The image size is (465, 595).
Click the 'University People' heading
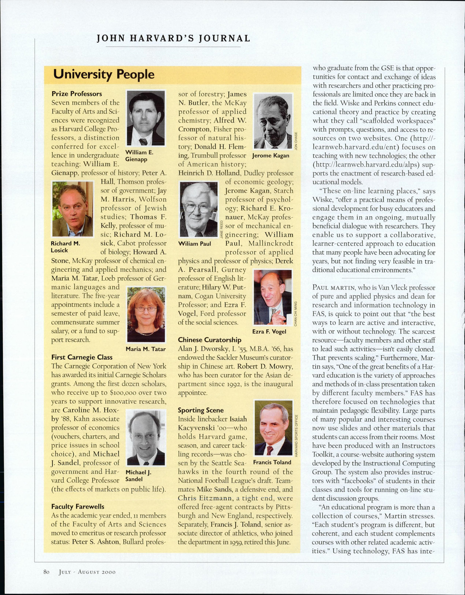pyautogui.click(x=103, y=74)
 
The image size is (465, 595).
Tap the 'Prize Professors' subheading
pyautogui.click(x=77, y=94)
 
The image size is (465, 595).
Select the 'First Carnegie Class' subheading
pyautogui.click(x=82, y=357)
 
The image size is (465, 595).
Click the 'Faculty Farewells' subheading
pyautogui.click(x=78, y=507)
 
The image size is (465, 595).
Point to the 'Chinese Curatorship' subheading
pyautogui.click(x=209, y=340)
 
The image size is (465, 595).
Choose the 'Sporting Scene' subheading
pyautogui.click(x=201, y=410)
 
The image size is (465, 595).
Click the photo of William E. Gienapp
pyautogui.click(x=145, y=118)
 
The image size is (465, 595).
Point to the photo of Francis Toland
pyautogui.click(x=274, y=428)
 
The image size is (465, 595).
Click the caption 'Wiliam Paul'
pyautogui.click(x=195, y=244)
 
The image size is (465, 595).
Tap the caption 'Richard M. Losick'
pyautogui.click(x=65, y=247)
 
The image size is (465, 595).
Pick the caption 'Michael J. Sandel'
pyautogui.click(x=138, y=476)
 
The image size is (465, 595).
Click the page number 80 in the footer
pyautogui.click(x=46, y=572)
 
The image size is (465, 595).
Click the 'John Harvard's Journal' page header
pyautogui.click(x=173, y=38)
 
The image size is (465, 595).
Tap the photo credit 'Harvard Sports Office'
pyautogui.click(x=296, y=435)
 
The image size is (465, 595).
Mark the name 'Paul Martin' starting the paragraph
pyautogui.click(x=332, y=288)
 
